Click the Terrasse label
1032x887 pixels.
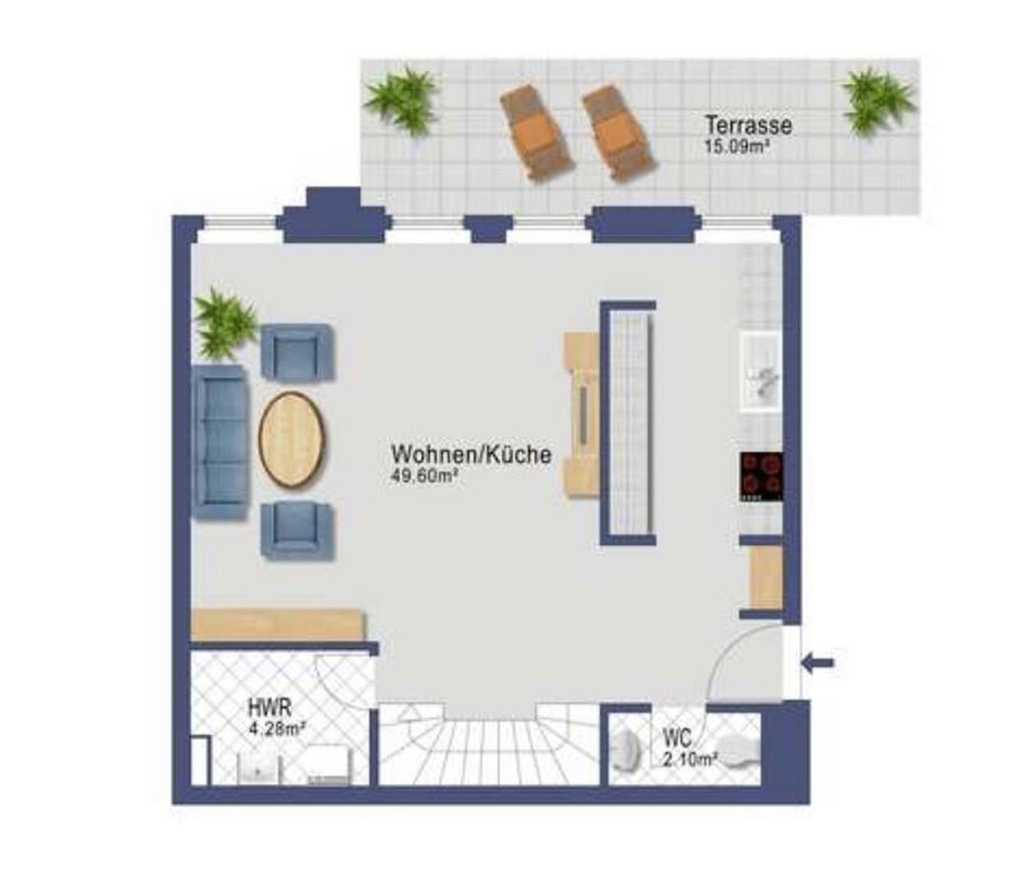point(748,125)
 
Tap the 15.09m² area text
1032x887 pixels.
point(735,147)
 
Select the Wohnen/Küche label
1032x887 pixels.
point(472,455)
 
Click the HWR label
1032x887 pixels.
point(270,708)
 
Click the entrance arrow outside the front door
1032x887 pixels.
point(817,663)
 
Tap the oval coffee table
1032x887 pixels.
point(292,439)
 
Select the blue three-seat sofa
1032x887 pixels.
point(220,443)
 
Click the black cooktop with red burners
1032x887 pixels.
point(761,476)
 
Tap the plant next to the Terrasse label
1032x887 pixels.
point(878,101)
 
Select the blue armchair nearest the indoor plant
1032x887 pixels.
point(297,352)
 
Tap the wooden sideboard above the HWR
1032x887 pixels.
point(278,624)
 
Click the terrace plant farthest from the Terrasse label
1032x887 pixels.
point(401,101)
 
